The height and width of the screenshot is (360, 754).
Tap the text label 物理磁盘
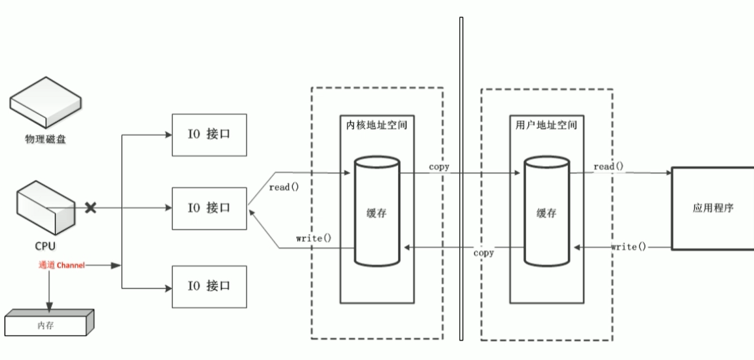(46, 139)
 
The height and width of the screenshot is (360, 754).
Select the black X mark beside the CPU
(91, 208)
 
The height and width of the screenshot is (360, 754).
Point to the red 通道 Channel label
(61, 265)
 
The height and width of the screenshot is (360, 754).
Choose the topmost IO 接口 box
(209, 135)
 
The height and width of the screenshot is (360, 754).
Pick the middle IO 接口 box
(209, 208)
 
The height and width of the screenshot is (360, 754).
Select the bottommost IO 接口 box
(209, 286)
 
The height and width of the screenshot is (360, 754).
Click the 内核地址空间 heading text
(376, 125)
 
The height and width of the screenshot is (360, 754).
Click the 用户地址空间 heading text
(546, 125)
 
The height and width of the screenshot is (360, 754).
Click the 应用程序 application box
(713, 208)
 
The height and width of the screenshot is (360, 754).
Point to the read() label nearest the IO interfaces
(284, 188)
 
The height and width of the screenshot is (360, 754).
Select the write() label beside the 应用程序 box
(629, 247)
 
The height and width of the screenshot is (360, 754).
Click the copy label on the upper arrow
(439, 167)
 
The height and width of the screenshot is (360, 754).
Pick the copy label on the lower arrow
(483, 253)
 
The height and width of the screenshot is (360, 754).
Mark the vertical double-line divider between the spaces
(461, 179)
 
